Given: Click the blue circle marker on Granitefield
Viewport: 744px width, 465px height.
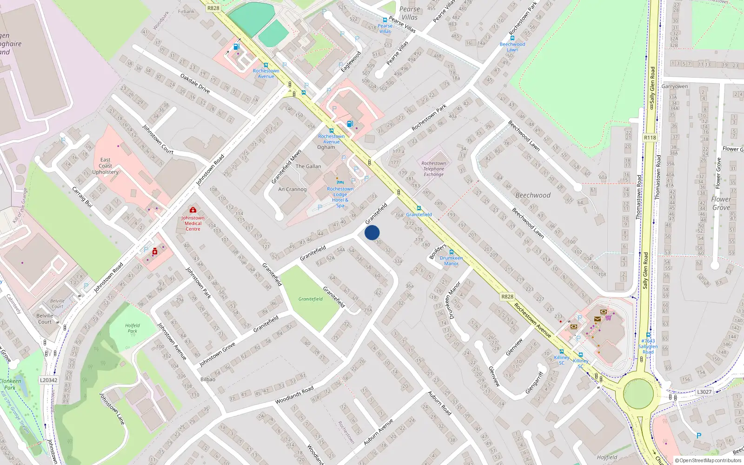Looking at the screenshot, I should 372,232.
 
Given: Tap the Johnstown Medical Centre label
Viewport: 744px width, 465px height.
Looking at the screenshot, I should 193,223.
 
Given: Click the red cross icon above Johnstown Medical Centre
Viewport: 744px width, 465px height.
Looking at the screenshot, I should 193,210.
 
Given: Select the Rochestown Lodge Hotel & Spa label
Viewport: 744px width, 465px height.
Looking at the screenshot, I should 340,197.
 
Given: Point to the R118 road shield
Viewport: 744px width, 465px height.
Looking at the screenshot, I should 650,138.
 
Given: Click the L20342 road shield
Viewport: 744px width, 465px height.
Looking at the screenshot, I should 49,380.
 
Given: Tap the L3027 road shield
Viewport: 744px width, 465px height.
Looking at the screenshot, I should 704,392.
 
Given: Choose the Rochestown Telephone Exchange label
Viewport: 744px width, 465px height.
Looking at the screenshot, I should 433,169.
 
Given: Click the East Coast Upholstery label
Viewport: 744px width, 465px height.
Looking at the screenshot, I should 106,166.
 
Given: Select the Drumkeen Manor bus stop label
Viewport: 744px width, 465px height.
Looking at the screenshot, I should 451,260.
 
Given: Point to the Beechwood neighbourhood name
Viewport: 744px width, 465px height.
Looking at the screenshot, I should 533,195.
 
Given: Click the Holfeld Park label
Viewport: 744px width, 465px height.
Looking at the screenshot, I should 133,328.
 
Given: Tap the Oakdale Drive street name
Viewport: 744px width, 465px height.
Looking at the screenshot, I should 195,83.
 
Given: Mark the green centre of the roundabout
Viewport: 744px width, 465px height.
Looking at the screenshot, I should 638,393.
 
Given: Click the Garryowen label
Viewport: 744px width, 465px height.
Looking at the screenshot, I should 675,86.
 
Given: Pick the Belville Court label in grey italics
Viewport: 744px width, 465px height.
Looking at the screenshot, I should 57,304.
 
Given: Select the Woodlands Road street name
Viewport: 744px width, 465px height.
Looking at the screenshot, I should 294,395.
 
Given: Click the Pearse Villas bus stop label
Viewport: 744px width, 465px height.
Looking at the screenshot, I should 385,28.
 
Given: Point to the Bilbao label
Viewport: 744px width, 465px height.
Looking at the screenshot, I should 208,379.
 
